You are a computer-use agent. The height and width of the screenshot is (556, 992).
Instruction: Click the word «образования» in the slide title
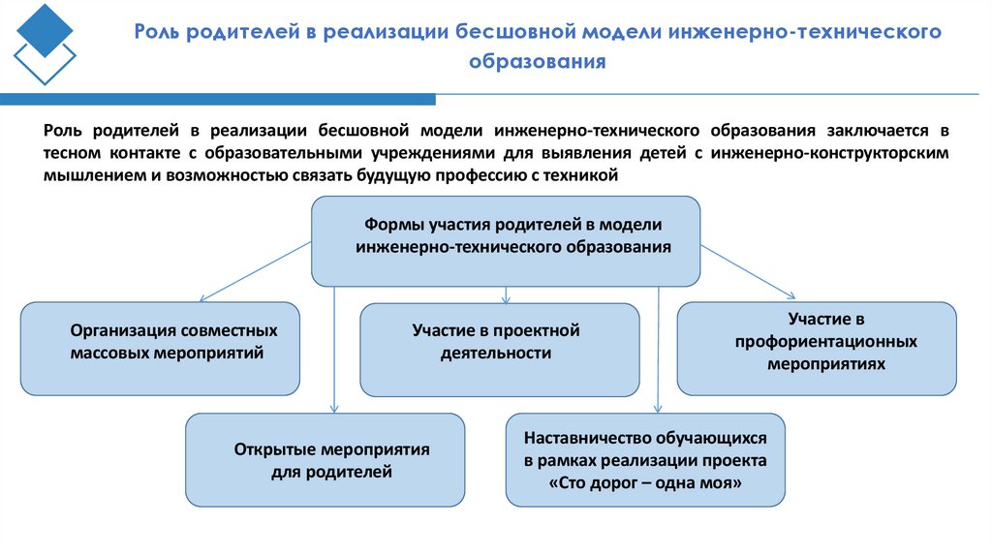coord(537,62)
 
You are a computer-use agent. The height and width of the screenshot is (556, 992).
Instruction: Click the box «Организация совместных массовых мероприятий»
coord(160,349)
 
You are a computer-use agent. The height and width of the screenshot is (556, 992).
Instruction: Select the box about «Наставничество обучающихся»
coord(645,459)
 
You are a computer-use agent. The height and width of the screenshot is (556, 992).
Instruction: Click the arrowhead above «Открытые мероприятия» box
coord(334,408)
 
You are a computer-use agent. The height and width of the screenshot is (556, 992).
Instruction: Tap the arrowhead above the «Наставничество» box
coord(658,408)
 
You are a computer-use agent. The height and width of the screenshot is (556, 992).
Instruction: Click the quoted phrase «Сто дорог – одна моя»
coord(645,481)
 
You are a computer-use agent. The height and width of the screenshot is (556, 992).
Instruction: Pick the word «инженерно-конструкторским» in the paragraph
coord(829,153)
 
